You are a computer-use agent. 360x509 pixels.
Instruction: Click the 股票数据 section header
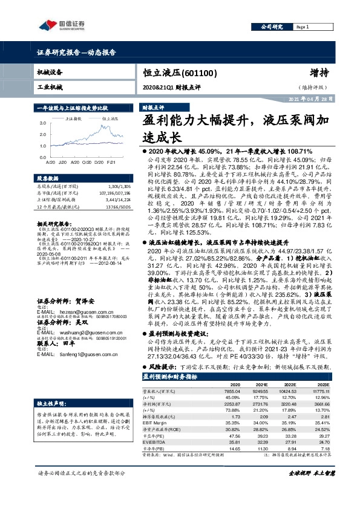(48, 179)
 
